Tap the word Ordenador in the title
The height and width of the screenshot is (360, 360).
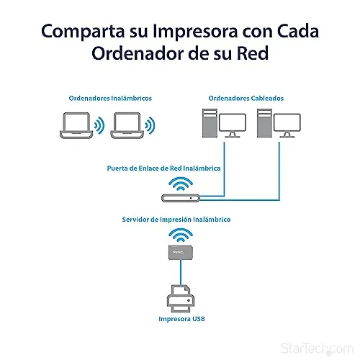tap(138, 53)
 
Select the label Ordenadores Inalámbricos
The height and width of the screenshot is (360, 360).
tap(110, 98)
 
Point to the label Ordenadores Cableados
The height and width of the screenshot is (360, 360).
tap(246, 98)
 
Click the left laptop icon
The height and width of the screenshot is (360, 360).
tap(76, 125)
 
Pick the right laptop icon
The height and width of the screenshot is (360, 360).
tap(127, 125)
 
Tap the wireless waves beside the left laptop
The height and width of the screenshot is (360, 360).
tap(99, 125)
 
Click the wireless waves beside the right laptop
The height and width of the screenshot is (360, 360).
tap(150, 125)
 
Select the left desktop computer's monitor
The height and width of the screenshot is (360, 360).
tap(233, 125)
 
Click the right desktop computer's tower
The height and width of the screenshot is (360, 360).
tap(264, 123)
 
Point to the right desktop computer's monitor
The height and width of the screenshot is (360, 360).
tap(287, 125)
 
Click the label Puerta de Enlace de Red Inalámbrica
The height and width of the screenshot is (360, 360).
tap(163, 168)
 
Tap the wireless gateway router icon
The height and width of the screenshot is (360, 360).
tap(181, 198)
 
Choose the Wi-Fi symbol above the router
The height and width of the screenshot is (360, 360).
tap(181, 184)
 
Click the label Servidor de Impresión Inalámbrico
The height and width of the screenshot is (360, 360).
tap(176, 220)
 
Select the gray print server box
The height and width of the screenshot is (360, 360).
tap(181, 253)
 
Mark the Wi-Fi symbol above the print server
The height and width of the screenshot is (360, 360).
tap(181, 235)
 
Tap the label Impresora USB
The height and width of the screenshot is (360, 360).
tap(181, 319)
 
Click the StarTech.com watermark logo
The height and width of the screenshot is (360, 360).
tap(317, 348)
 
